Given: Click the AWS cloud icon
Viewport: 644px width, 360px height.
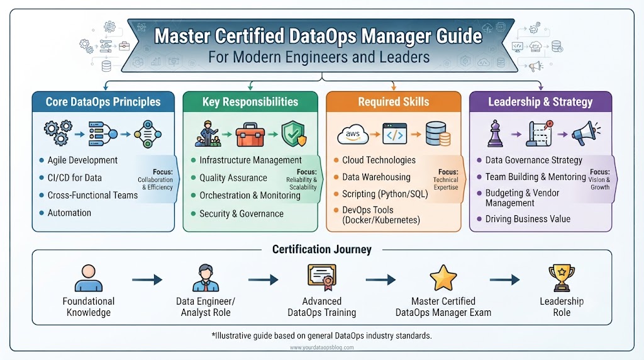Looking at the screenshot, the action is point(353,134).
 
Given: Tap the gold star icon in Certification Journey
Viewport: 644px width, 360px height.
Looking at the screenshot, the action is point(443,278).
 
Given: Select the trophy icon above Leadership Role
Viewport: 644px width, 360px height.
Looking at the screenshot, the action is point(562,278).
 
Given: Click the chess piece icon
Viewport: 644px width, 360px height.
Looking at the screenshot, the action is point(495,133).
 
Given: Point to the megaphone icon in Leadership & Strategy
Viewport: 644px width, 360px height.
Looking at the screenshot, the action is point(586,133).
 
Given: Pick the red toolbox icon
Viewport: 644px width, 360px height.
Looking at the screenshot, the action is point(250,135).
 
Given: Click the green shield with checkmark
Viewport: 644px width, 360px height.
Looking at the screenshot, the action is point(294,133).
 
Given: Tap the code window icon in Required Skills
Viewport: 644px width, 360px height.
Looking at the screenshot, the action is point(395,133).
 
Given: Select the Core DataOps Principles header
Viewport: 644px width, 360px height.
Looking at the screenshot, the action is point(103,102).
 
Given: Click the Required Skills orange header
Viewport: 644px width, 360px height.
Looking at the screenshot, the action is point(394,102).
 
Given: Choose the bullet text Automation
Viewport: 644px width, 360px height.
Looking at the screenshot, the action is point(69,213).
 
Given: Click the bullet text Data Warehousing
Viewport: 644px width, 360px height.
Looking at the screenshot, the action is point(376,177).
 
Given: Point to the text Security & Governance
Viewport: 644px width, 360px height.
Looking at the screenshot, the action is point(241,214).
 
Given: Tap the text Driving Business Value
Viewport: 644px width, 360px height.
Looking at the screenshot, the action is point(528,219).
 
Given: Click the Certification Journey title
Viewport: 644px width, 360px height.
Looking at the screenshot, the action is point(322,249).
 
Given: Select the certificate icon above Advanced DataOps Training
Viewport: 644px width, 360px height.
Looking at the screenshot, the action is point(322,276).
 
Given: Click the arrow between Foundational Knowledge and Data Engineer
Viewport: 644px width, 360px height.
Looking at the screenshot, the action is point(147,280).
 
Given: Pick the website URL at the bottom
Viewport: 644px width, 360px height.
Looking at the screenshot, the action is point(321,347).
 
